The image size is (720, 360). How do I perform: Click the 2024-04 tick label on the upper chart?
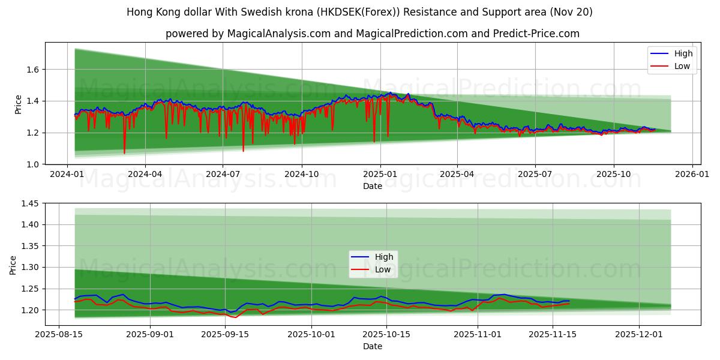(145, 173)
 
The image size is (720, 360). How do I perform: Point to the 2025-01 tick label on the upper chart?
(380, 173)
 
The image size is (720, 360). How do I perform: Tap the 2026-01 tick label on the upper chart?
(692, 173)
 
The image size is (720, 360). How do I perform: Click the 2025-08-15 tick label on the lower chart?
(59, 335)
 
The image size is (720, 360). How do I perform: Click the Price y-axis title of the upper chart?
(19, 104)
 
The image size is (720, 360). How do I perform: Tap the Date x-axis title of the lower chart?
(373, 346)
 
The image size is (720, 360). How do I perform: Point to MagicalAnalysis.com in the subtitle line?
(279, 34)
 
